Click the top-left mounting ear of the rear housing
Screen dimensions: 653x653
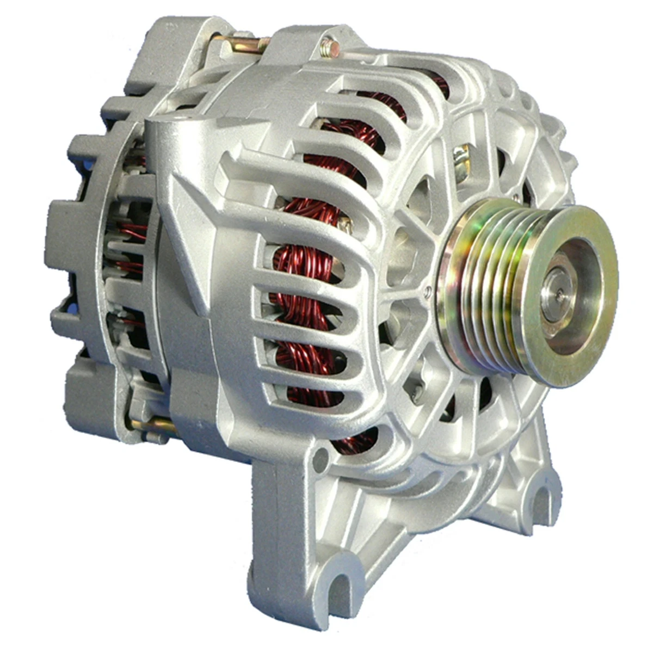pos(158,44)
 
